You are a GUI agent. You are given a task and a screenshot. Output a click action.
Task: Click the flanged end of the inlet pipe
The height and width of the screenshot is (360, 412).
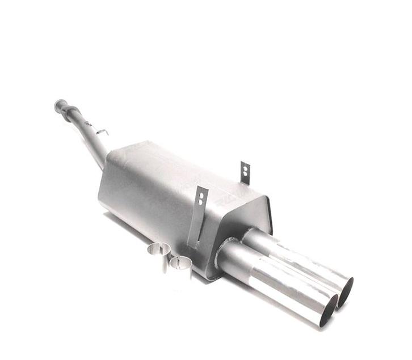point(60,105)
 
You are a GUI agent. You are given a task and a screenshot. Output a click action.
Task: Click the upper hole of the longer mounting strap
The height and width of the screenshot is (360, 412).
point(201,194)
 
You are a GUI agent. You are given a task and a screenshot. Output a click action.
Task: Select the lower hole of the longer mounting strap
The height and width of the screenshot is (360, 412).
point(200,201)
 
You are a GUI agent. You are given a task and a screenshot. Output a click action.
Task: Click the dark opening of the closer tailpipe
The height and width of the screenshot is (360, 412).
point(328,310)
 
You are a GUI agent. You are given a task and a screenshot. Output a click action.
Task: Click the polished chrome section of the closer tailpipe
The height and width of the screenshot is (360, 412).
point(289,289)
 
